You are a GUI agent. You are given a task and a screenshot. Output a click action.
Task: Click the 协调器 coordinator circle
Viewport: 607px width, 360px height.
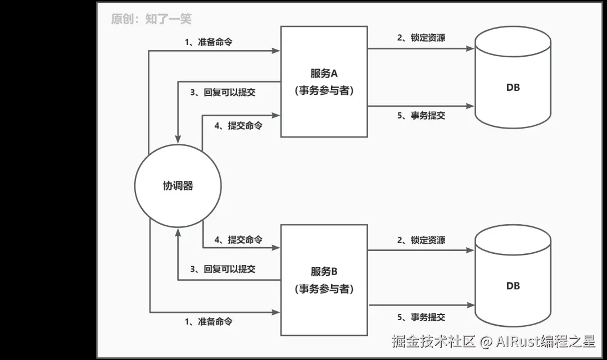coord(178,186)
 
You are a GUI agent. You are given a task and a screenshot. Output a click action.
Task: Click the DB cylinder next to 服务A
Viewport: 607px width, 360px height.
coord(513,87)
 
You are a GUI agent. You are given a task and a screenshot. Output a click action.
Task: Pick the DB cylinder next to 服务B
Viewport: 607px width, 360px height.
coord(513,286)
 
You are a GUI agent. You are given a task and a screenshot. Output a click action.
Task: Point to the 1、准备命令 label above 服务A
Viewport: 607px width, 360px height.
coord(209,43)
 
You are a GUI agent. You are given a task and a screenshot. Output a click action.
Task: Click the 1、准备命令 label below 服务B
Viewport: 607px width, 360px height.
coord(209,322)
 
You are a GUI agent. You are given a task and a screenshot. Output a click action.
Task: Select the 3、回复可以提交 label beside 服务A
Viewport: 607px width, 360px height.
coord(223,92)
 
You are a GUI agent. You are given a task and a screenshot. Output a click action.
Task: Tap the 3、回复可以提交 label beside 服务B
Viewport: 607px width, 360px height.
coord(223,269)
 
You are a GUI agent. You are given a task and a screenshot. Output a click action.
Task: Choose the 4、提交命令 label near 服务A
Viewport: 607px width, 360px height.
coord(238,126)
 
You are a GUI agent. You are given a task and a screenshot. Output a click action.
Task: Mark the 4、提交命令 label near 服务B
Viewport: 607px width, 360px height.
coord(238,240)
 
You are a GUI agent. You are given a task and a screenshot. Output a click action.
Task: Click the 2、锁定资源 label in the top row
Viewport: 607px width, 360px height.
coord(421,38)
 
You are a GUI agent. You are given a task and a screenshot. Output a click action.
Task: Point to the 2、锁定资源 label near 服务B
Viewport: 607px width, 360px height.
coord(421,240)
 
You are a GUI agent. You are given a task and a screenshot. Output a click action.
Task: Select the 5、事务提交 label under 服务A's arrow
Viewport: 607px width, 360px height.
coord(421,116)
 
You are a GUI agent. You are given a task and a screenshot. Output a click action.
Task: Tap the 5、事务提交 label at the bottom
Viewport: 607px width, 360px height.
coord(421,317)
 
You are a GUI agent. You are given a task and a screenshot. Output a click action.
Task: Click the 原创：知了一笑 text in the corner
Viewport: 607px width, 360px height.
coord(151,19)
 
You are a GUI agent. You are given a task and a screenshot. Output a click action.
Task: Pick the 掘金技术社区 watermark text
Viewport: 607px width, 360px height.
coord(434,341)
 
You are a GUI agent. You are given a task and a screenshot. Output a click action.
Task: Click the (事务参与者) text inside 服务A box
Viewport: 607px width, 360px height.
coord(324,90)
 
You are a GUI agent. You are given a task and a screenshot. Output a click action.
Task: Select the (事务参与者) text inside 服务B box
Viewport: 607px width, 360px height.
coord(324,289)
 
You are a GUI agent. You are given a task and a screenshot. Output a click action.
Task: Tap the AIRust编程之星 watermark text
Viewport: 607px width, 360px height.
coord(545,341)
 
